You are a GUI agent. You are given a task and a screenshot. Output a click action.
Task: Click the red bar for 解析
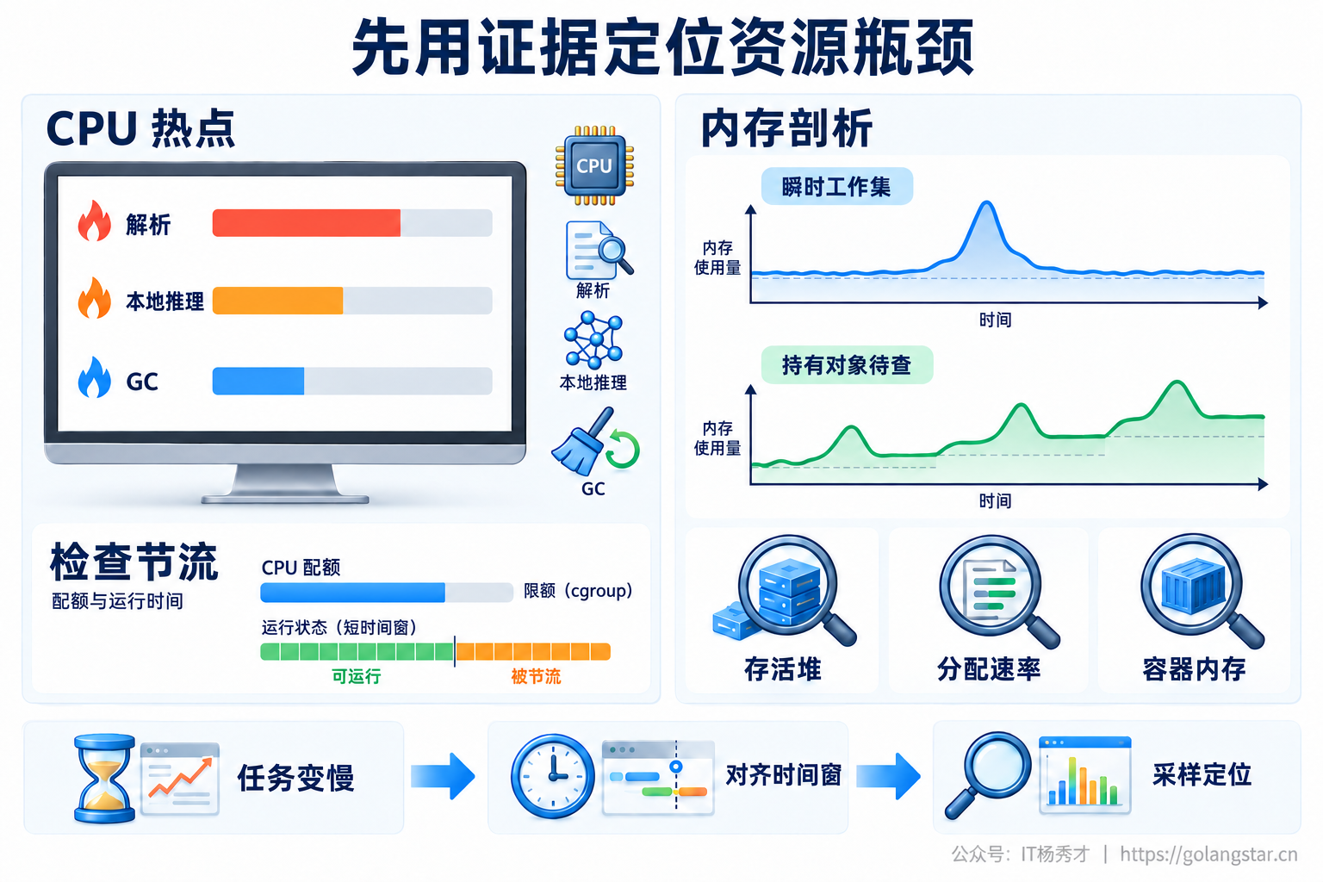(306, 223)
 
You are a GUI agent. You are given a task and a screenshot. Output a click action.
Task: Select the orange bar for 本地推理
(277, 301)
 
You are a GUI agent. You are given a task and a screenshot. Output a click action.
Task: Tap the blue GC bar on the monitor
(258, 381)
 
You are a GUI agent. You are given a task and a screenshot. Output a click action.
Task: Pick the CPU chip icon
(594, 165)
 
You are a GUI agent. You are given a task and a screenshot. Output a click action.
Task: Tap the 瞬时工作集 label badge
(837, 187)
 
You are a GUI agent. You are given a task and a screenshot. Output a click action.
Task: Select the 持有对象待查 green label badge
(847, 365)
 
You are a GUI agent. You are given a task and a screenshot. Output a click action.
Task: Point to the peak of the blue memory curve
(986, 202)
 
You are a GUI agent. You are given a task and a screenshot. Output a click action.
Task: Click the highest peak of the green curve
(1177, 382)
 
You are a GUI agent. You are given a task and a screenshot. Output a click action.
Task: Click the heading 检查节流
(134, 562)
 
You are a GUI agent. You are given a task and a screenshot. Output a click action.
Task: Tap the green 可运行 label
(356, 676)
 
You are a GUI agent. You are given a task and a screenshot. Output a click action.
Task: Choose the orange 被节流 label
(536, 676)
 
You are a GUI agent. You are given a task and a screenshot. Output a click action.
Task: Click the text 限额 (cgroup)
(578, 591)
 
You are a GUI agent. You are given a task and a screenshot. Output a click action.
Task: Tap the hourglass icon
(104, 779)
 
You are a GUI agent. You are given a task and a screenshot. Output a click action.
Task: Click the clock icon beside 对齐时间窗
(553, 776)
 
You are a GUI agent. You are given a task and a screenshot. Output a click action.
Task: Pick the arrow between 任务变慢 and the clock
(443, 776)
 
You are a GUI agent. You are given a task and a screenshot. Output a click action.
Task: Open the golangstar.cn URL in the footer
(1208, 854)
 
